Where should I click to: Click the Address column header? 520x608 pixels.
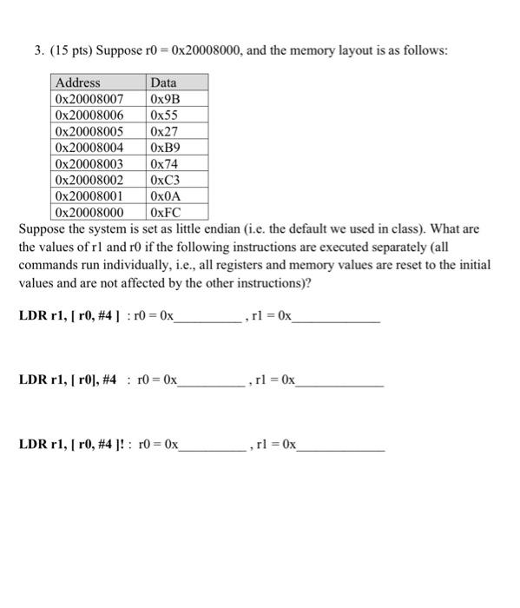[x=78, y=83]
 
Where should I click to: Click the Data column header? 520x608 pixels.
[x=163, y=83]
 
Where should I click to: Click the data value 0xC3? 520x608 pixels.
[x=164, y=180]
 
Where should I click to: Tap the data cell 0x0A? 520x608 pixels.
[x=164, y=195]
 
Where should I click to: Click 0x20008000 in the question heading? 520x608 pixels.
[x=198, y=51]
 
